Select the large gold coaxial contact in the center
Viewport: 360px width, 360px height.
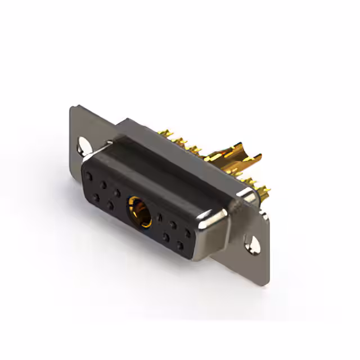pos(139,211)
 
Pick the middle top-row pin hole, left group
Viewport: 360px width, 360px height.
pos(103,184)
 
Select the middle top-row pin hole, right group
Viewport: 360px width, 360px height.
pos(174,224)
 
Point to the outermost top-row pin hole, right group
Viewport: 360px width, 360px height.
pos(187,232)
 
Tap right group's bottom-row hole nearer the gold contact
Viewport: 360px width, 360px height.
pos(166,237)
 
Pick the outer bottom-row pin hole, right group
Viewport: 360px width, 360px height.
pos(180,245)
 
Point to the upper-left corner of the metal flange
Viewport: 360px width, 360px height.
pos(73,107)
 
